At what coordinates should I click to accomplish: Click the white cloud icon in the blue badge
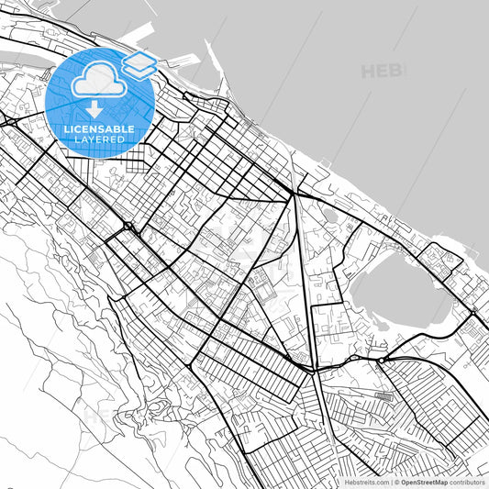point(98,79)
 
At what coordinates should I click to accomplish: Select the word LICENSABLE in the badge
point(100,128)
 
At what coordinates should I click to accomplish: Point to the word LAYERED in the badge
point(100,139)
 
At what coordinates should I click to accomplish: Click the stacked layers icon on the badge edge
point(139,63)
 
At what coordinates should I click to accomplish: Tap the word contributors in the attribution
point(467,481)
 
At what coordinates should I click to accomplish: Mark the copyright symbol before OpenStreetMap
point(396,481)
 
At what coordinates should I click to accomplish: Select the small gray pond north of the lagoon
point(329,217)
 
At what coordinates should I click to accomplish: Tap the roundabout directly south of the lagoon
point(380,361)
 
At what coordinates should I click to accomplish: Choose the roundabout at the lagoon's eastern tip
point(472,312)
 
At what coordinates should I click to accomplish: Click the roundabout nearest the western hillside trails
point(128,225)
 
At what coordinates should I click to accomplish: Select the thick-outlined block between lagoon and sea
point(450,261)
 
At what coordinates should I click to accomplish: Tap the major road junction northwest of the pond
point(295,194)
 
